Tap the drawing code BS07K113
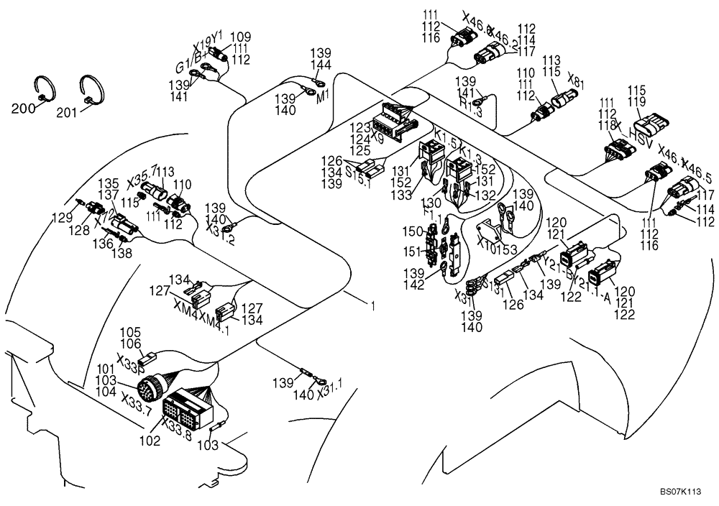tap(680, 492)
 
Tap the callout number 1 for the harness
tap(372, 305)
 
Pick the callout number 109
tap(240, 37)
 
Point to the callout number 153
tap(508, 249)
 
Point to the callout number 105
tap(130, 332)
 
